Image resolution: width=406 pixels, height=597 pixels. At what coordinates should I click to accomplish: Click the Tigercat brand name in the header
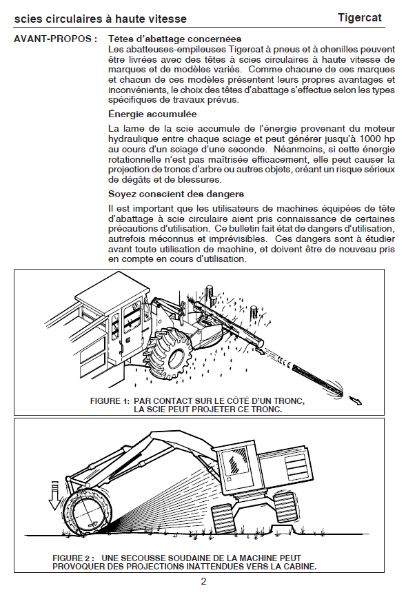[360, 18]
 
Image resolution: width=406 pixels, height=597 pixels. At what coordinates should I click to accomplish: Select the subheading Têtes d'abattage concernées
[175, 39]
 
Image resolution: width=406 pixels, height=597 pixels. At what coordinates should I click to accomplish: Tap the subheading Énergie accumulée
[153, 114]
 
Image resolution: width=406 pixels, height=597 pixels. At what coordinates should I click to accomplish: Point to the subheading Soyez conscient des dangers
[176, 194]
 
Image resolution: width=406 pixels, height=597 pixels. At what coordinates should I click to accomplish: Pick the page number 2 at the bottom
[203, 581]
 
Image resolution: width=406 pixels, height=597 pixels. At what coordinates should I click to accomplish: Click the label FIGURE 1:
[110, 401]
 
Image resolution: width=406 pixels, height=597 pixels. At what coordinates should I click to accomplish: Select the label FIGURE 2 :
[74, 558]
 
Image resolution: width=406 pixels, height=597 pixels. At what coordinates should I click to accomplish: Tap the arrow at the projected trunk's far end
[356, 400]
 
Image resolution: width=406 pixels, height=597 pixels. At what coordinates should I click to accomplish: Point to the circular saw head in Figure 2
[88, 512]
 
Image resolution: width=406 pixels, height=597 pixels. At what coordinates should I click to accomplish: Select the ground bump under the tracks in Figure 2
[283, 529]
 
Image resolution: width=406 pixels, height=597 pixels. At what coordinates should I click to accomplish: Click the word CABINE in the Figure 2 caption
[298, 566]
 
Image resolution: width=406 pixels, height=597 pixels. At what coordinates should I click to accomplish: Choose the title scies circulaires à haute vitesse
[101, 19]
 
